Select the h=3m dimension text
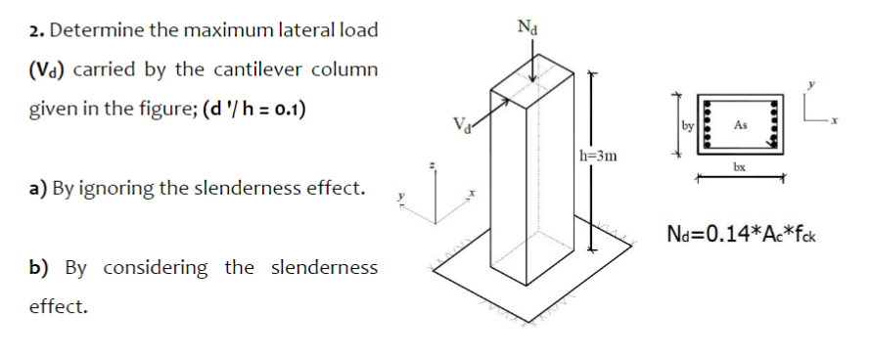click(x=598, y=154)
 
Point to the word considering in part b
click(x=158, y=267)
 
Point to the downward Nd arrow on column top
click(x=531, y=65)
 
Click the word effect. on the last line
click(x=58, y=306)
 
